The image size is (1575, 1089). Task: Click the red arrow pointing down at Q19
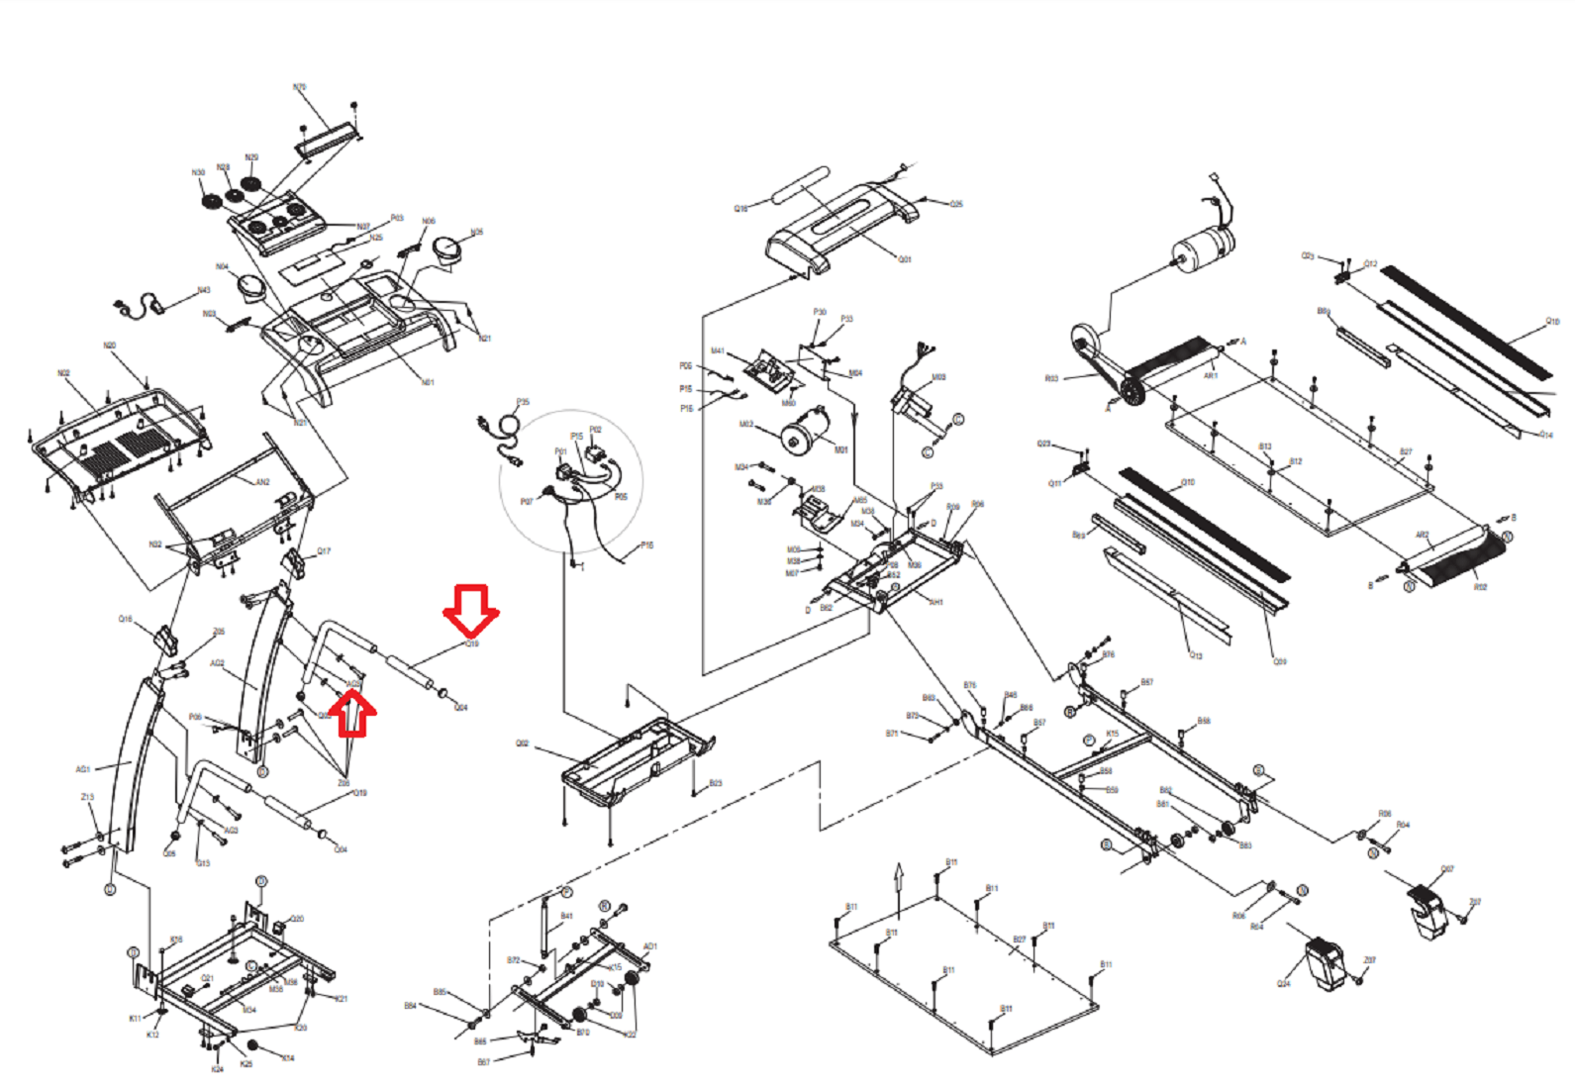point(471,609)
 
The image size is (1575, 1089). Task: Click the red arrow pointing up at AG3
point(352,715)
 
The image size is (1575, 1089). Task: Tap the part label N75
point(300,88)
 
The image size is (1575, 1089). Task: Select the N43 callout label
point(203,290)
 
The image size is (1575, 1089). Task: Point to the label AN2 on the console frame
point(262,482)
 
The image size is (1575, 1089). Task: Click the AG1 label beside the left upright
point(83,769)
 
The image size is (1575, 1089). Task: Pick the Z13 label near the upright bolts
point(87,797)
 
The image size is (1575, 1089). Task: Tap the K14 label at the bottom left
point(288,1058)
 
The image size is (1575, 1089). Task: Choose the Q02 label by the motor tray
point(522,743)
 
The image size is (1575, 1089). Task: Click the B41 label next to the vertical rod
point(566,917)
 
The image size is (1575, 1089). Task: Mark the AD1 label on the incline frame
point(650,946)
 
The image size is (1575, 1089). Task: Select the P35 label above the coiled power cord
point(523,402)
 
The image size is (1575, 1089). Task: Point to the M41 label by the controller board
point(718,351)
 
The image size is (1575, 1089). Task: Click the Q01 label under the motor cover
point(905,259)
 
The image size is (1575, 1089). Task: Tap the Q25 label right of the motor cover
point(956,204)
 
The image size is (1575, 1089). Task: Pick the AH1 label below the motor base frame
point(935,602)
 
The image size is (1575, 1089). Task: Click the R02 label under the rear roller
point(1480,587)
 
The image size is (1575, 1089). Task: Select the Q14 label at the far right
point(1546,435)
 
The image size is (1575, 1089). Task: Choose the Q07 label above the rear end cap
point(1447,869)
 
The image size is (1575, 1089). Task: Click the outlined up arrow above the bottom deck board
point(899,877)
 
